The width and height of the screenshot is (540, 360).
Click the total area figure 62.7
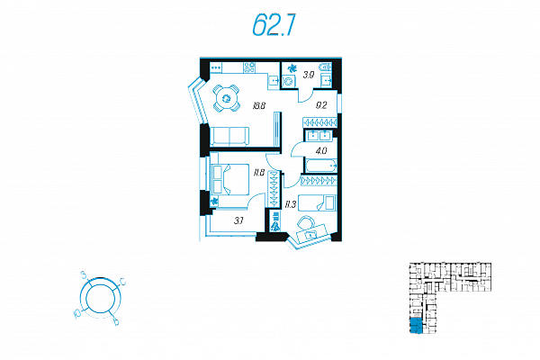(274, 27)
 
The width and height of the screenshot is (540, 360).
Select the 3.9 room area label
(309, 75)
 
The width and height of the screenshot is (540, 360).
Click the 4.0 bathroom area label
(321, 150)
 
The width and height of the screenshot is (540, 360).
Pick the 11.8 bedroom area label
(258, 172)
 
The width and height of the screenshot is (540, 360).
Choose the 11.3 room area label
(291, 204)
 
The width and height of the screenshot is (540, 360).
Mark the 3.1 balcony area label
(239, 219)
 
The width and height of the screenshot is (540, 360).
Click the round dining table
(227, 97)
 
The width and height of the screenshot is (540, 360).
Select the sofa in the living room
(229, 136)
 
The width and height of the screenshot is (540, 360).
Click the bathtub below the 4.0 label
(320, 167)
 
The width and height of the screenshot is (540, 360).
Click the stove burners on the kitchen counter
(249, 67)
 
